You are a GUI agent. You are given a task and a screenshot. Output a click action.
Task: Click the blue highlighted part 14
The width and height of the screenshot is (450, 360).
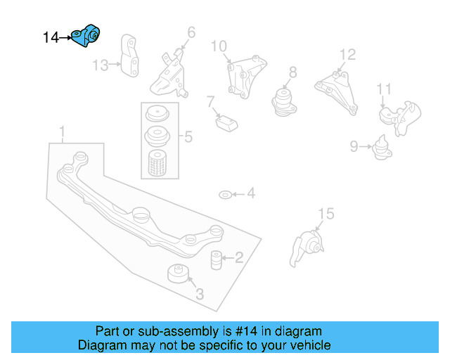[x=89, y=37]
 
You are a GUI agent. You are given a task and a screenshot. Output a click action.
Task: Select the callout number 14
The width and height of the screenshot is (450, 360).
[x=51, y=38]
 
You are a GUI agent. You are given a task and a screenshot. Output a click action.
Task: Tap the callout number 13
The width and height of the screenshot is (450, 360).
[x=101, y=65]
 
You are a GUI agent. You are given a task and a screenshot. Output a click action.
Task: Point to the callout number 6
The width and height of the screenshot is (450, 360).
[x=191, y=32]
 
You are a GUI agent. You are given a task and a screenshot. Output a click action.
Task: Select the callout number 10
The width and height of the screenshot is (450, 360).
[x=219, y=46]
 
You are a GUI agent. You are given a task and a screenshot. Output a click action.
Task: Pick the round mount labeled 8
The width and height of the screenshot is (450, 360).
[x=283, y=100]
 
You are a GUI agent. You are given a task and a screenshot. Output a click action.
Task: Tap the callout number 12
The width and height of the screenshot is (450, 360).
[x=348, y=55]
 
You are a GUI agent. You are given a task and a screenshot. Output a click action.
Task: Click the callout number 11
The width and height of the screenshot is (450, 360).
[x=383, y=89]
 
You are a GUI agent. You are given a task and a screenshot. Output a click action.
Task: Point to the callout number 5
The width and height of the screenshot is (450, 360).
[x=188, y=137]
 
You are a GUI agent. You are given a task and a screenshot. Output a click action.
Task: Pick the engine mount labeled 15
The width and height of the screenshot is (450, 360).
[x=307, y=247]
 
